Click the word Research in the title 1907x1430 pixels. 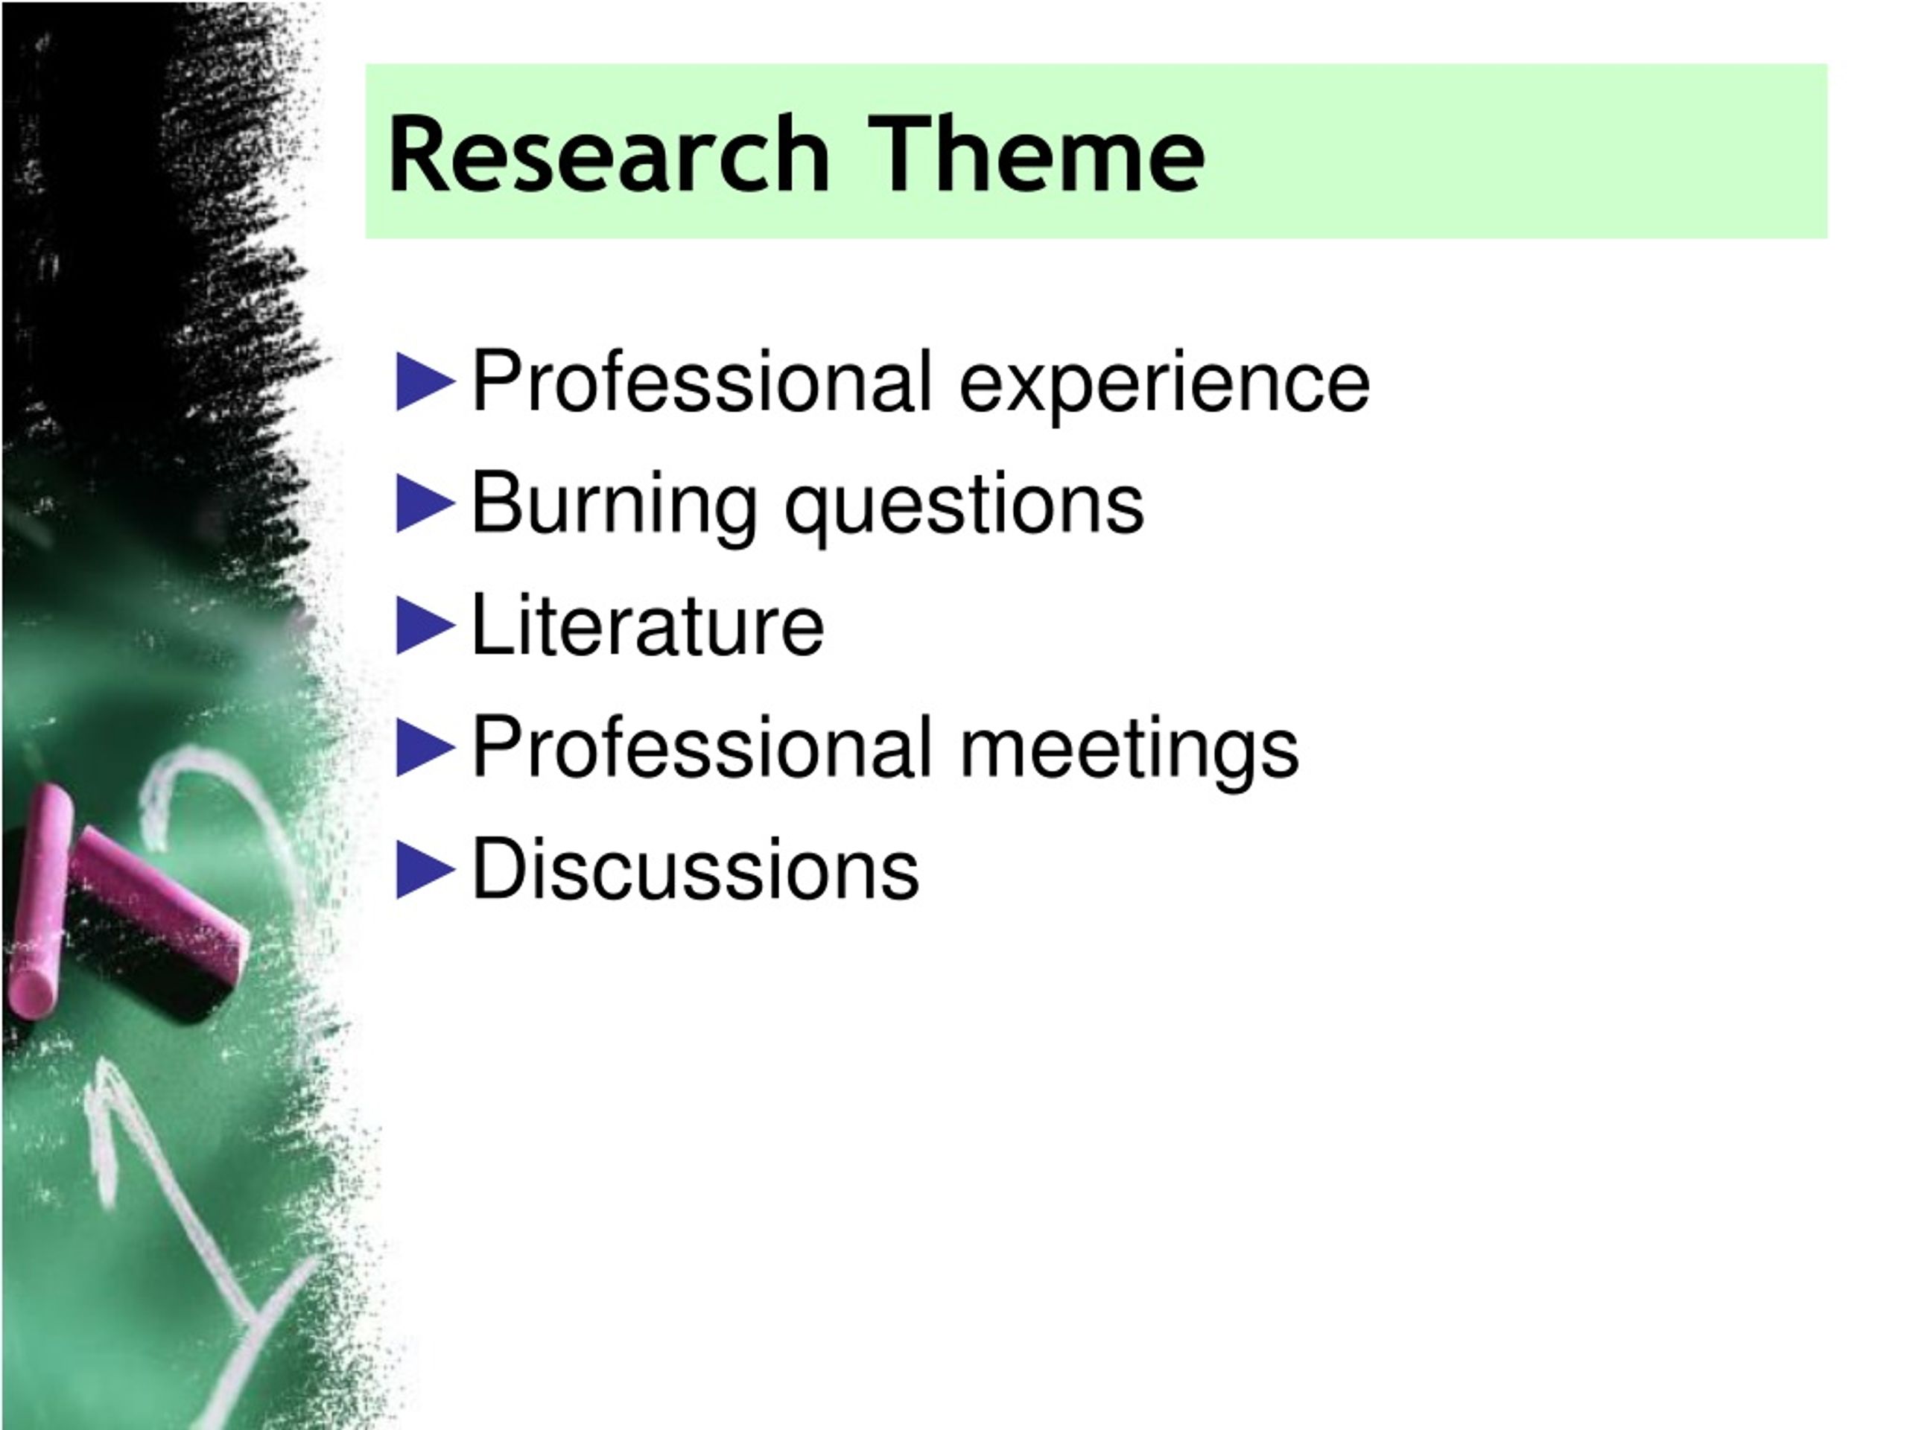(608, 155)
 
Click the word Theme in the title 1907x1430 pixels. (1035, 155)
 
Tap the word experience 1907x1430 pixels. (1164, 384)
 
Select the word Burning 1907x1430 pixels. (614, 504)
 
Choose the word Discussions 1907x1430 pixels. (695, 869)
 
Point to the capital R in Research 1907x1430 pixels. (421, 155)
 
